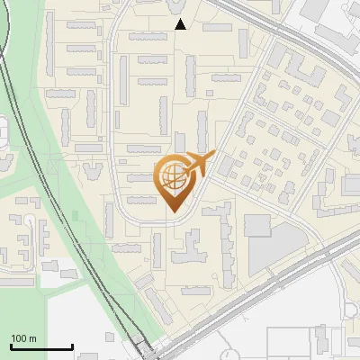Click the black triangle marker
[x=180, y=24]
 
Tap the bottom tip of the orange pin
[x=174, y=211]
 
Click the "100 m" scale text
[x=23, y=338]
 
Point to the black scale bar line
[x=41, y=347]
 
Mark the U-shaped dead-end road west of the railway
[x=31, y=238]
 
